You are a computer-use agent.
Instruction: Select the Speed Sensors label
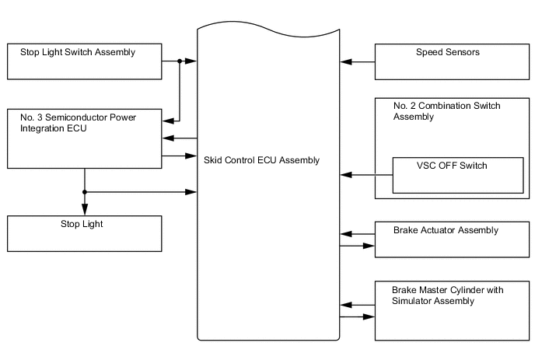tap(447, 53)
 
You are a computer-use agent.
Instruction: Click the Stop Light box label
tap(82, 224)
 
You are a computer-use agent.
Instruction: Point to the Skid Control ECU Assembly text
tap(261, 160)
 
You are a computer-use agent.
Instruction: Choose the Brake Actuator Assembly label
tap(445, 230)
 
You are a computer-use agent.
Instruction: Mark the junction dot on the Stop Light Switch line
tap(180, 61)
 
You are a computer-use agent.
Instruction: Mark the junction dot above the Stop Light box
tap(84, 191)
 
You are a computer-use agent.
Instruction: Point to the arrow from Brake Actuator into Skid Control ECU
tap(347, 232)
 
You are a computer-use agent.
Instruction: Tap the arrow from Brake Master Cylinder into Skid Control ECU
tap(347, 302)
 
